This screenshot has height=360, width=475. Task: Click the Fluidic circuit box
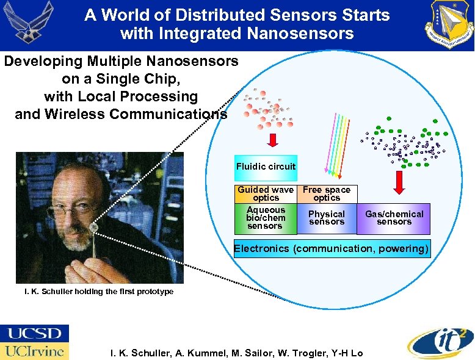click(x=266, y=167)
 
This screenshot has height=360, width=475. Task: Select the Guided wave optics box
click(x=266, y=194)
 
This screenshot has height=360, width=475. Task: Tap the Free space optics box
click(x=327, y=194)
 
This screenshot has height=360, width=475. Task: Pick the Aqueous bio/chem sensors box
click(x=266, y=218)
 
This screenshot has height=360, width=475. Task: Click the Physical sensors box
click(x=327, y=218)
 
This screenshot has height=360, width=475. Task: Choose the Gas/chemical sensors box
click(x=394, y=218)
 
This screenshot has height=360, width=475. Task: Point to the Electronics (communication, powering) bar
click(x=332, y=249)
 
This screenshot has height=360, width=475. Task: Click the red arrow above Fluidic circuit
click(x=273, y=139)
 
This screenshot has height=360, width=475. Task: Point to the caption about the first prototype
click(x=98, y=292)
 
